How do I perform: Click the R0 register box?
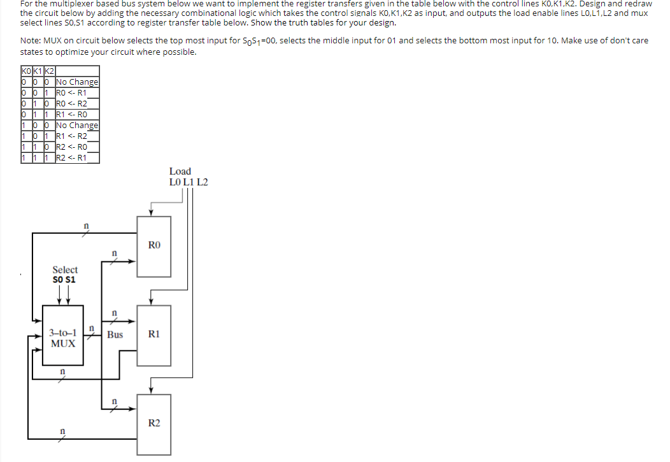pos(154,246)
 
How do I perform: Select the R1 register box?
pos(154,334)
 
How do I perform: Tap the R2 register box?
pos(154,423)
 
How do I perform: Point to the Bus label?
pos(115,335)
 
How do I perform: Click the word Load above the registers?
pos(180,171)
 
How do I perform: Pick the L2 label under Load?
pos(202,182)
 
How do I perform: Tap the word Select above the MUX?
pos(65,270)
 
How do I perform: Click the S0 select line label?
pos(59,279)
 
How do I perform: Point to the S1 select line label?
pos(71,279)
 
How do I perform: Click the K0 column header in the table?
pos(27,71)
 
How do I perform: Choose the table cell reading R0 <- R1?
pos(72,92)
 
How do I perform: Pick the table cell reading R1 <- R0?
pos(72,115)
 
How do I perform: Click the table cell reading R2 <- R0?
pos(72,147)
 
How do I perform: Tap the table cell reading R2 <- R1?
pos(72,158)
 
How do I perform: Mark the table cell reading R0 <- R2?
pos(72,103)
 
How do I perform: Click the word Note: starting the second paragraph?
pos(32,41)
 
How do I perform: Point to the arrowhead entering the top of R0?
pos(150,214)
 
